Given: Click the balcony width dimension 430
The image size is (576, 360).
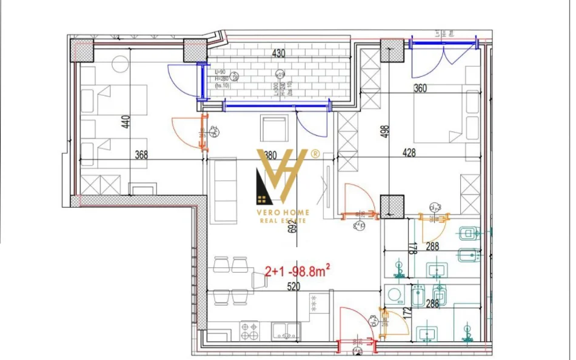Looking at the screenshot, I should pyautogui.click(x=278, y=53).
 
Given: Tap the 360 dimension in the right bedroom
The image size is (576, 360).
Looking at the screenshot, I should pyautogui.click(x=420, y=88).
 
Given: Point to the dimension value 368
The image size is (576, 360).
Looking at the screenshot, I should pyautogui.click(x=141, y=155).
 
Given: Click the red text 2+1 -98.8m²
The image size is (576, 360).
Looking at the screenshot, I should pyautogui.click(x=297, y=273).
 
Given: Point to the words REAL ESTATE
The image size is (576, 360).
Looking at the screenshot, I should pyautogui.click(x=284, y=221).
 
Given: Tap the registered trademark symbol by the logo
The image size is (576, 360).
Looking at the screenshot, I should pyautogui.click(x=315, y=154).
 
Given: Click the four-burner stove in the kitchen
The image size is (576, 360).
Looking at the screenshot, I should pyautogui.click(x=249, y=331).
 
